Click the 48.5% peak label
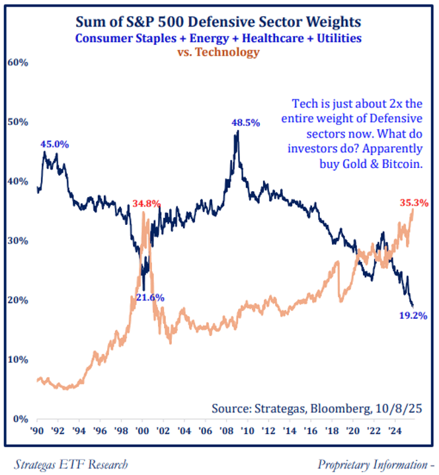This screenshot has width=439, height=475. tap(245, 122)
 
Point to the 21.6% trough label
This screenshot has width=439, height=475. tap(152, 297)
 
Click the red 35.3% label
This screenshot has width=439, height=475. tap(414, 204)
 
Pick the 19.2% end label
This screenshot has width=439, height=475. tap(413, 316)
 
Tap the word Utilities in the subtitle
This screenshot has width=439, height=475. tap(337, 38)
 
